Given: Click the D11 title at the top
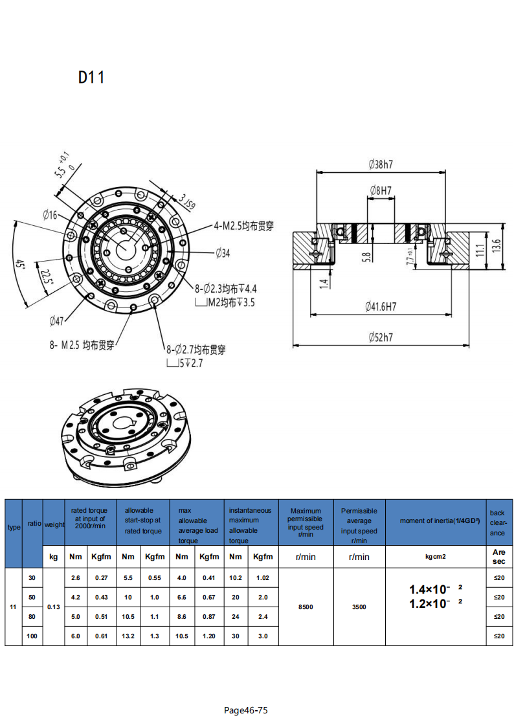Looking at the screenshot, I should (91, 78).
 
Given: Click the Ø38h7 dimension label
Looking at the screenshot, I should (381, 164).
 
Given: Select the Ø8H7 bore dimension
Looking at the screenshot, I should (381, 190).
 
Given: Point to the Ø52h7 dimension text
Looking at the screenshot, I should (381, 337).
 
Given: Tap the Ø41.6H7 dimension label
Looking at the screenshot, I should (381, 306).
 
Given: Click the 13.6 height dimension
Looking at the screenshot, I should (497, 245).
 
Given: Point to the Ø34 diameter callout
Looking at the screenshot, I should (222, 253).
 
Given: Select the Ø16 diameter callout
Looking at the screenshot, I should (50, 214).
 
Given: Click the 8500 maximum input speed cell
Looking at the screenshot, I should (306, 607).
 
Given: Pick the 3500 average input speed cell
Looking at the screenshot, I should (359, 607).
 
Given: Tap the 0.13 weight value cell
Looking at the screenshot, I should (54, 607).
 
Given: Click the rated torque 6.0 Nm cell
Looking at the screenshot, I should (76, 636).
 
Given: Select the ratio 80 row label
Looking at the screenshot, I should (32, 617).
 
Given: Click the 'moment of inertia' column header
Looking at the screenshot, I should (436, 521).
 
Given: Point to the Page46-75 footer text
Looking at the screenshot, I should (245, 710).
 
